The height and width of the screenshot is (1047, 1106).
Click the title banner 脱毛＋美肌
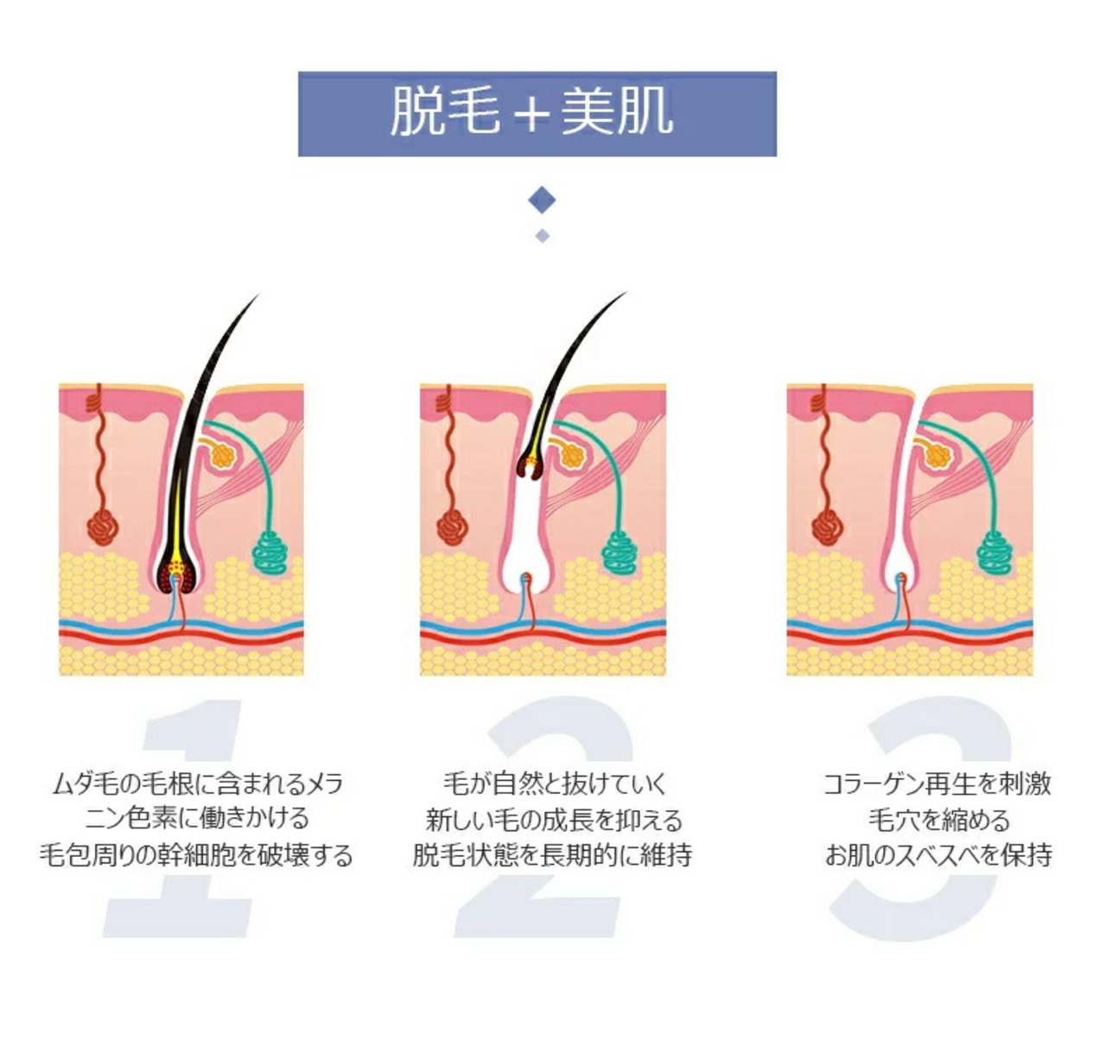click(x=537, y=113)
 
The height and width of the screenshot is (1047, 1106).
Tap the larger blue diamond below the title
click(x=542, y=201)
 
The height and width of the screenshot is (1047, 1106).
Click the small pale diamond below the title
click(x=542, y=235)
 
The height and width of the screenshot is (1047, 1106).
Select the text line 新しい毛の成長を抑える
click(x=554, y=819)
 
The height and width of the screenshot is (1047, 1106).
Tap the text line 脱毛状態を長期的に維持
click(x=552, y=854)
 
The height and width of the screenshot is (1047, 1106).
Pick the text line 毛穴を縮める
click(x=938, y=819)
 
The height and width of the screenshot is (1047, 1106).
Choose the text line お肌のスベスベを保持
click(x=938, y=854)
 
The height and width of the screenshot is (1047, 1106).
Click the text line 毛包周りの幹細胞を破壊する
click(x=196, y=854)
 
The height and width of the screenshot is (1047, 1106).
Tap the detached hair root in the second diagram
click(x=531, y=466)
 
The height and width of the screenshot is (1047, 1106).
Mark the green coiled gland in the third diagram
click(x=998, y=553)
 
